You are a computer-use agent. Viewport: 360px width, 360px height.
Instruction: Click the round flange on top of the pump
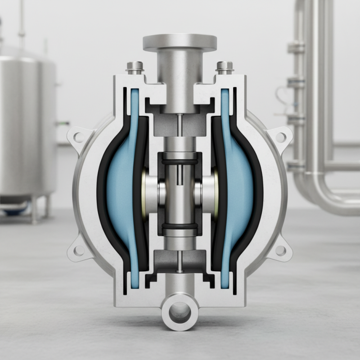click(x=180, y=42)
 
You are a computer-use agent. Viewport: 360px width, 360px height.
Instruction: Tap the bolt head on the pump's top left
click(x=133, y=67)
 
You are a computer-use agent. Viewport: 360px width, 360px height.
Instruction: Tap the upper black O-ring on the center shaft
click(x=180, y=160)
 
